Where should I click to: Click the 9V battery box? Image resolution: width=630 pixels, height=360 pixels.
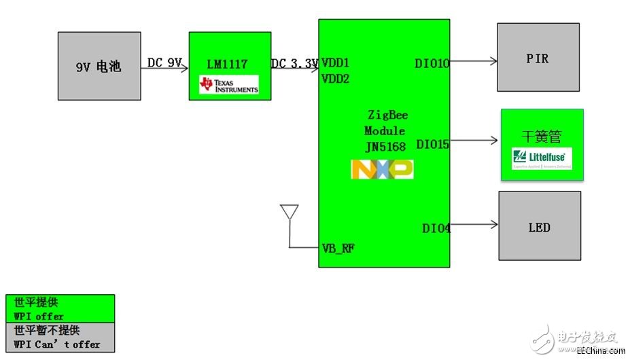point(99,66)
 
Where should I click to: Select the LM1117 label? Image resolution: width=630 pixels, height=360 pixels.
point(227,65)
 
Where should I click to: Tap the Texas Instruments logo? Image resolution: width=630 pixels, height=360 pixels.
point(229,85)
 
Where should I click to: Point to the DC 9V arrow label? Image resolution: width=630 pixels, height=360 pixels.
point(164,63)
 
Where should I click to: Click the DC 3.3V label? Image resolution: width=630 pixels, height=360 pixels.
point(295,64)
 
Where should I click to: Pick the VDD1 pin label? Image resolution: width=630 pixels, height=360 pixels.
point(336,62)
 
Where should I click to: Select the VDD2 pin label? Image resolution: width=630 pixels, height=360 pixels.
point(336,79)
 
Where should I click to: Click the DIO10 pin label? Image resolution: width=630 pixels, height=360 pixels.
point(432,64)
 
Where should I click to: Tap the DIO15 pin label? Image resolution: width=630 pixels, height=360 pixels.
point(432,144)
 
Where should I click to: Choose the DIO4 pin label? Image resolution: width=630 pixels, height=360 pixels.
point(436,229)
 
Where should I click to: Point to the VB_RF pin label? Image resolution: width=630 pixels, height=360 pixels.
point(338,248)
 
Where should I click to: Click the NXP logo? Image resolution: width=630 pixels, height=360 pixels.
point(382,169)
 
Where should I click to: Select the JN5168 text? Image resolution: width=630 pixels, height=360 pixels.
point(385,146)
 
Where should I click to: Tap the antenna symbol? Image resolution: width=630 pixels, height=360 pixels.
point(290,213)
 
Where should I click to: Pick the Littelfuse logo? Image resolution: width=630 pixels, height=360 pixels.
point(542,158)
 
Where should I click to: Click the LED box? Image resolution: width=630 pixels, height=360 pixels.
point(540,226)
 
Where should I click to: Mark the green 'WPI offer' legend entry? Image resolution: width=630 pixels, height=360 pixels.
point(60,308)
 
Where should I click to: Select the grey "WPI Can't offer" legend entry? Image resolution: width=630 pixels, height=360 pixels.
point(60,337)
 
